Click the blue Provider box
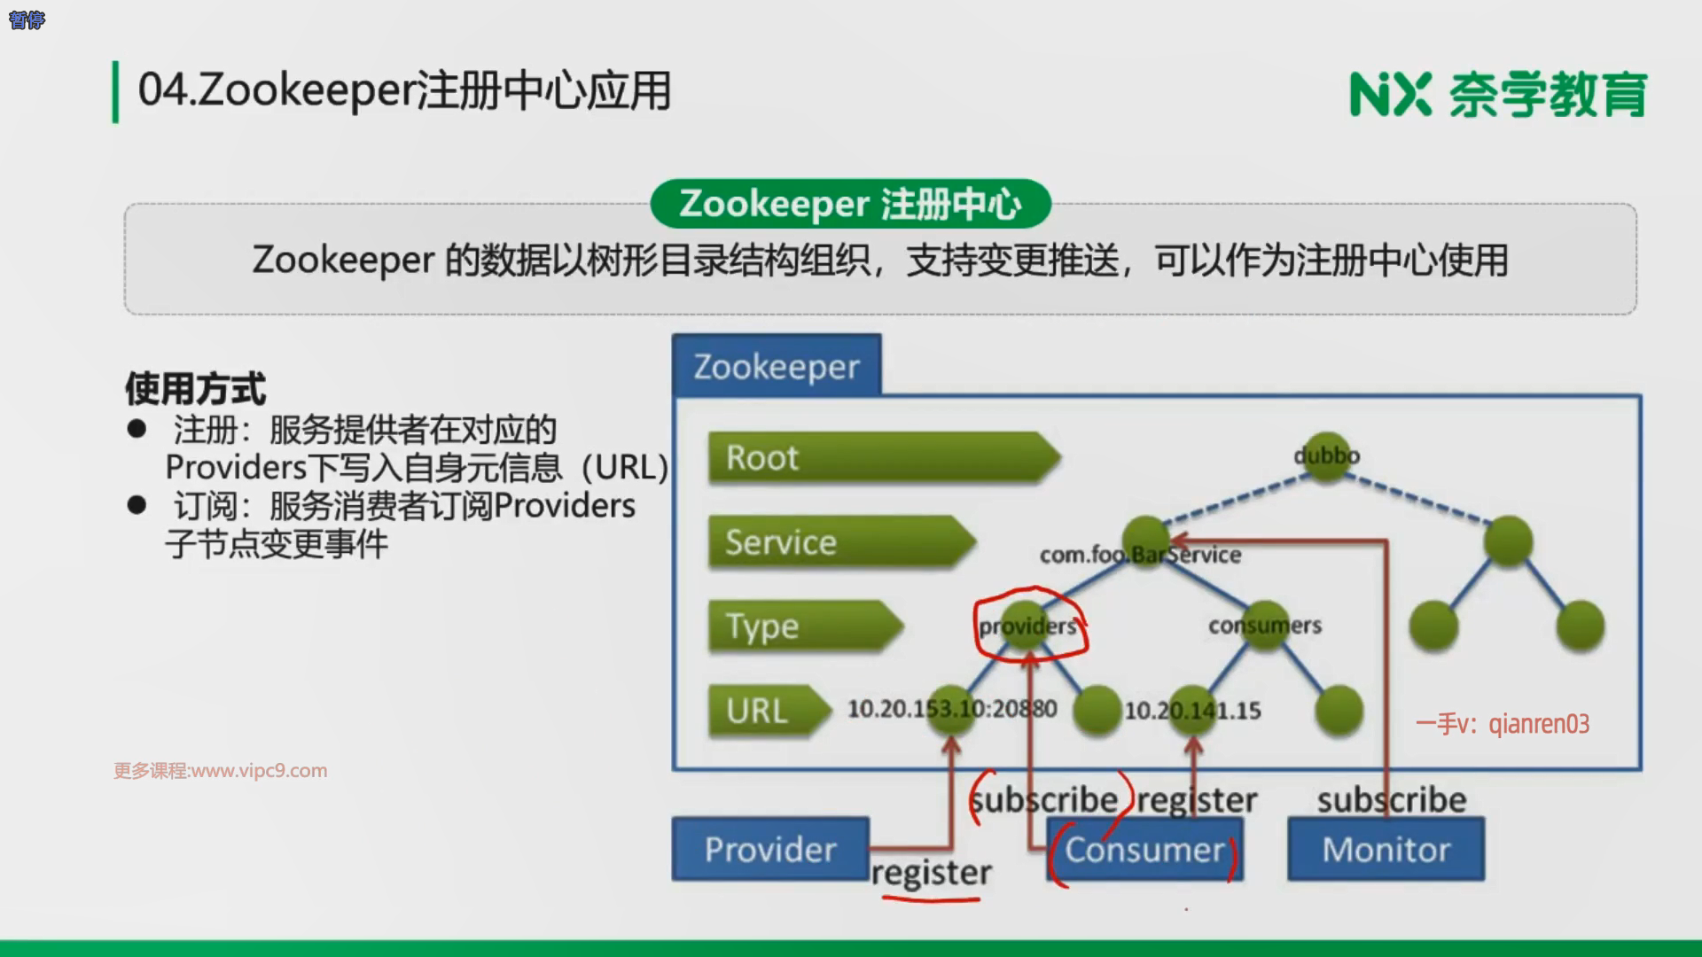(x=769, y=849)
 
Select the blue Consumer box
(x=1145, y=850)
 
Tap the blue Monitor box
(x=1386, y=849)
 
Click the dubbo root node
(x=1326, y=455)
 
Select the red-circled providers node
(x=1028, y=626)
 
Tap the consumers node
(x=1265, y=625)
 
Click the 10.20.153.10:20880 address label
(x=952, y=709)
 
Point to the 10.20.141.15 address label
(x=1192, y=711)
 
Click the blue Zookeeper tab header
(x=777, y=366)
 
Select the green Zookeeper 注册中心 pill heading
(x=850, y=204)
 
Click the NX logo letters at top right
(x=1390, y=94)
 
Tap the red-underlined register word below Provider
(x=931, y=874)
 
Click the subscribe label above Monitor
(x=1391, y=799)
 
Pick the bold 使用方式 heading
(x=195, y=388)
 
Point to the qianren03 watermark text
(x=1539, y=724)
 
